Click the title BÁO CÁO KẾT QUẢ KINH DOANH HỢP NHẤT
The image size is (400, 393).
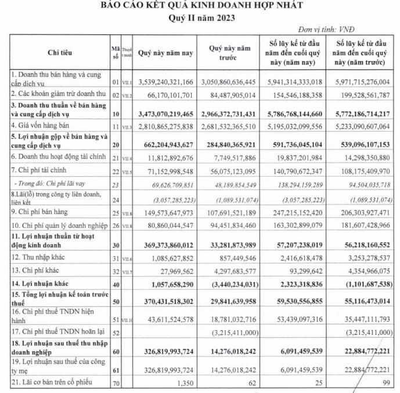(x=201, y=6)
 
